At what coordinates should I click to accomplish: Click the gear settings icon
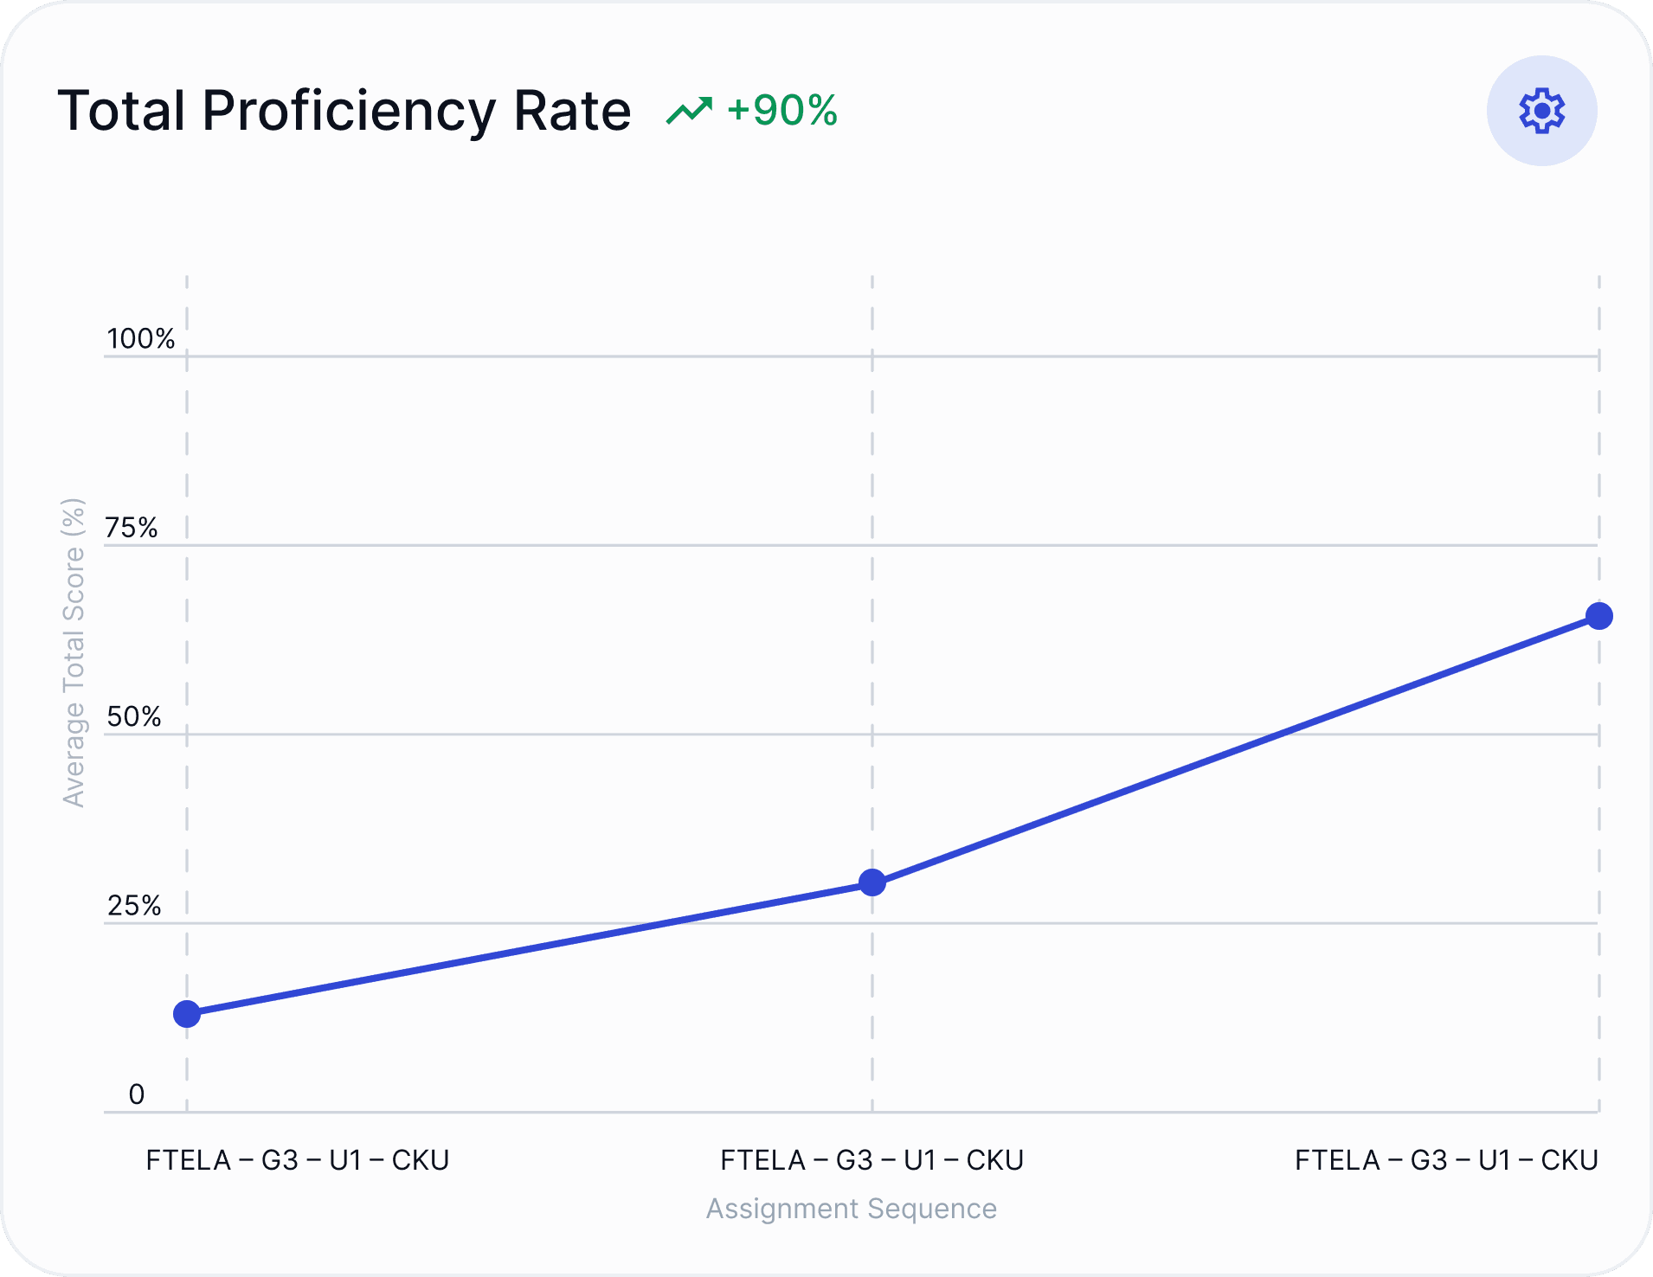pos(1541,111)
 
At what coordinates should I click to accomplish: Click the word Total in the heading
pos(121,111)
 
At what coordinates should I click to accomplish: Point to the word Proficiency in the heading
pos(349,111)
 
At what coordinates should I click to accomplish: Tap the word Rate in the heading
pos(572,111)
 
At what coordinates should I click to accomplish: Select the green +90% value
pos(782,110)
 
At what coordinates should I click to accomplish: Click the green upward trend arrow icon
pos(689,111)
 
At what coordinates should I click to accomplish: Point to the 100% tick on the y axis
pos(140,338)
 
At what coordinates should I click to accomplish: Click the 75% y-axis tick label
pos(132,528)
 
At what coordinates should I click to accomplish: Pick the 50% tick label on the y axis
pos(134,716)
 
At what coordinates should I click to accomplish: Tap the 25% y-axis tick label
pos(134,906)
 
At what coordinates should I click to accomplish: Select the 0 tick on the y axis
pos(137,1094)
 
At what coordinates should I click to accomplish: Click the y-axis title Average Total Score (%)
pos(74,652)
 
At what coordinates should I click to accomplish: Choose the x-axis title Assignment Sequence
pos(851,1209)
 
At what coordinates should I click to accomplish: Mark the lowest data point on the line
pos(187,1014)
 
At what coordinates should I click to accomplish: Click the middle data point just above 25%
pos(872,882)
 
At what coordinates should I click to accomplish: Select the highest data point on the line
pos(1599,616)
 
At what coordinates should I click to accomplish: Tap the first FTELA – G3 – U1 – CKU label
pos(298,1160)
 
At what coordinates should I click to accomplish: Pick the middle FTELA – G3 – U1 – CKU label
pos(872,1160)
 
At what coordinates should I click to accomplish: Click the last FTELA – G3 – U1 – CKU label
pos(1446,1160)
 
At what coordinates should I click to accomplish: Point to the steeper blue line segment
pos(1236,749)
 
